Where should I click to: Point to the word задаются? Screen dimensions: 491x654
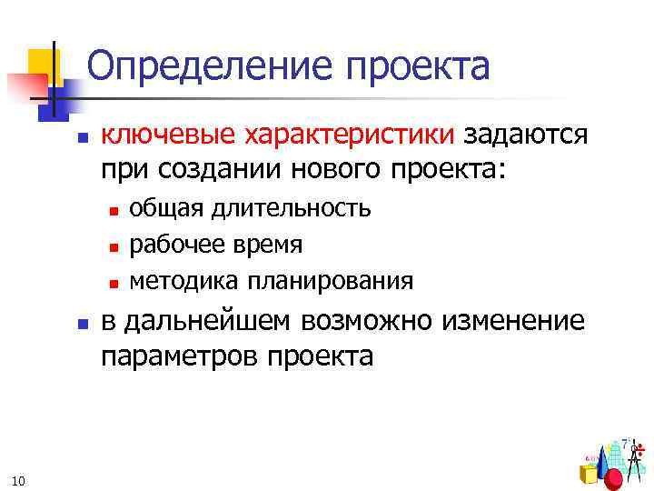528,135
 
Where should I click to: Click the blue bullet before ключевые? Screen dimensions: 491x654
81,139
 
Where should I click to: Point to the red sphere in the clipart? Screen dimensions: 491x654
613,478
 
